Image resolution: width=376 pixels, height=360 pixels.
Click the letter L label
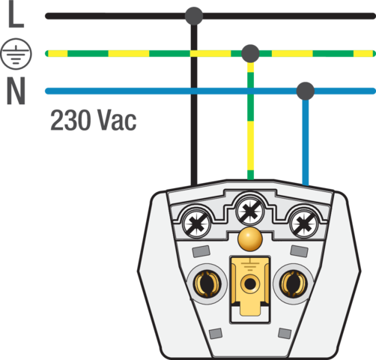coord(16,13)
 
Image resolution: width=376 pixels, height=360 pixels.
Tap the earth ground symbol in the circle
coord(16,54)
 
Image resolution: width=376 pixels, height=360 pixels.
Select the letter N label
coord(16,91)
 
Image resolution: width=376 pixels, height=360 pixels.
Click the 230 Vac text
coord(94,120)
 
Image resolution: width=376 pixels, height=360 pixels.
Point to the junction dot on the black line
coord(194,16)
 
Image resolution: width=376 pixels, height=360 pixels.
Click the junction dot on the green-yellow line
coord(250,53)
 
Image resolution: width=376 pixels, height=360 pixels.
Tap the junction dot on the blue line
coord(306,91)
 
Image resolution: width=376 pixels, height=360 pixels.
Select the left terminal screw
coord(196,223)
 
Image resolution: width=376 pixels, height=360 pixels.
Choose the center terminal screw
coord(250,211)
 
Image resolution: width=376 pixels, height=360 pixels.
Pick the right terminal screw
coord(304,223)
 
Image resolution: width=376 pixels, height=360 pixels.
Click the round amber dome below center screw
coord(250,239)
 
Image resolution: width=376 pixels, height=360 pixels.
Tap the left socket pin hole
coord(207,283)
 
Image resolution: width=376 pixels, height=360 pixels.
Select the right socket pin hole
coord(294,283)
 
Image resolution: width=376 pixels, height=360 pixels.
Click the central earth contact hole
coord(250,283)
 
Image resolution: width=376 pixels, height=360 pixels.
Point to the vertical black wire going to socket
coord(194,105)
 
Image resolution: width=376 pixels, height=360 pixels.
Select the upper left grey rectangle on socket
coord(201,251)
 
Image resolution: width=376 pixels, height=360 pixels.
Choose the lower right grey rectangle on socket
coord(285,333)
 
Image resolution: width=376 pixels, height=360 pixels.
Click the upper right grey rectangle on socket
coord(299,251)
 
